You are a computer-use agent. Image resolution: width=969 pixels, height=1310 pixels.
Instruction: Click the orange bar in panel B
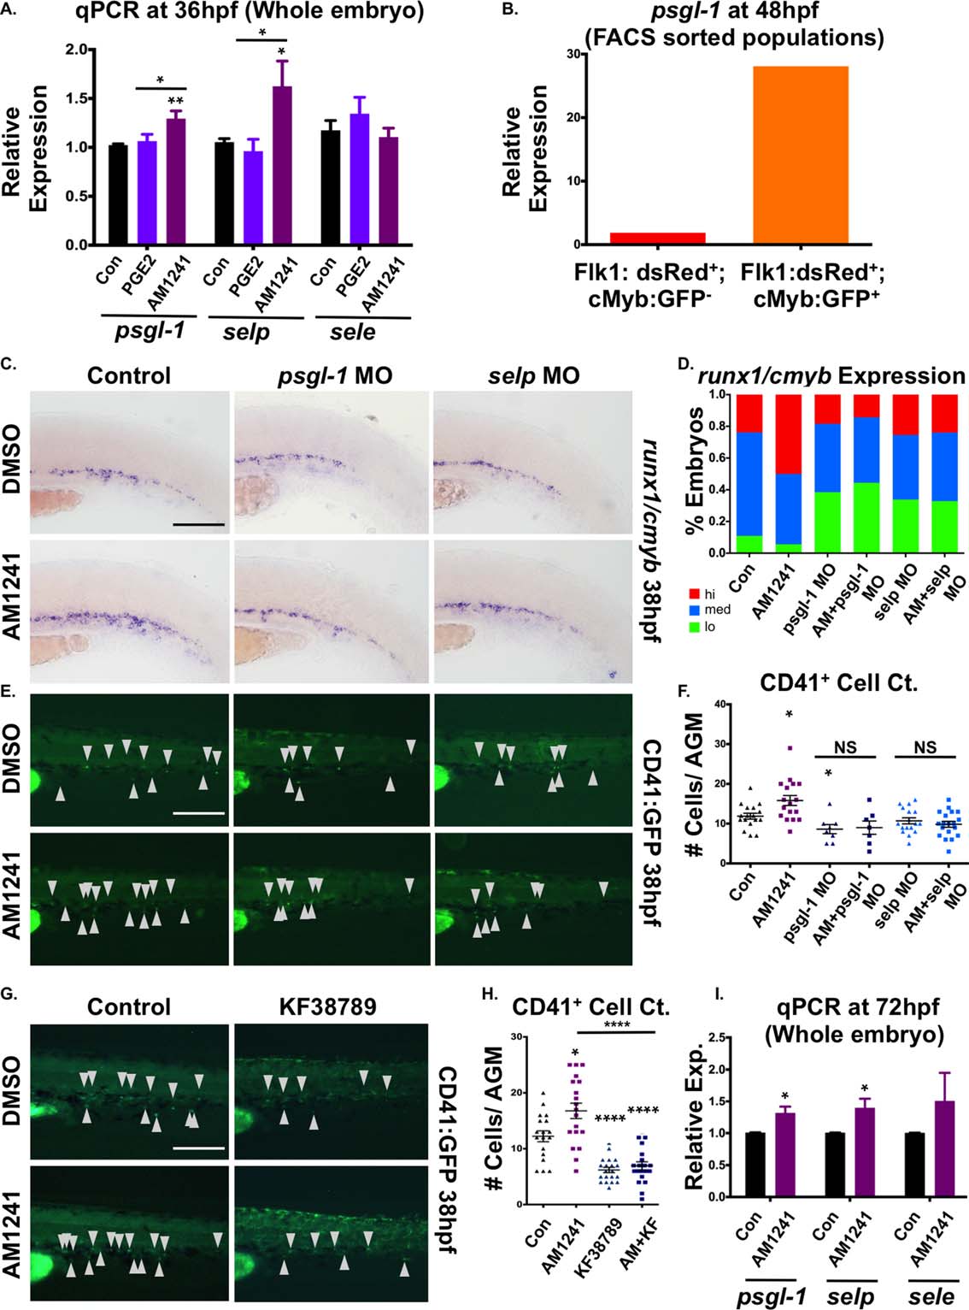click(800, 155)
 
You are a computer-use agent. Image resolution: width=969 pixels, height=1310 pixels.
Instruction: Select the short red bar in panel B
click(657, 239)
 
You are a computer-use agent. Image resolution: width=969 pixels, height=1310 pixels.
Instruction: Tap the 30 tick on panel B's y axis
click(572, 54)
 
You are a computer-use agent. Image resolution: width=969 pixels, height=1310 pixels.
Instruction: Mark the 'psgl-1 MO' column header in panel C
click(335, 375)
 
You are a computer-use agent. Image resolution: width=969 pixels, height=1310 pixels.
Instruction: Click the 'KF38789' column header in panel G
click(327, 1006)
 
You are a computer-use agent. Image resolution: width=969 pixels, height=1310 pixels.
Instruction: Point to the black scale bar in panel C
click(198, 523)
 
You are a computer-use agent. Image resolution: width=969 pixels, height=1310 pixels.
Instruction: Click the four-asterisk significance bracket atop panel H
click(615, 1032)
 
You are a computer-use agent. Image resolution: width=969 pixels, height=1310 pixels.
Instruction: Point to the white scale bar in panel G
click(198, 1148)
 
